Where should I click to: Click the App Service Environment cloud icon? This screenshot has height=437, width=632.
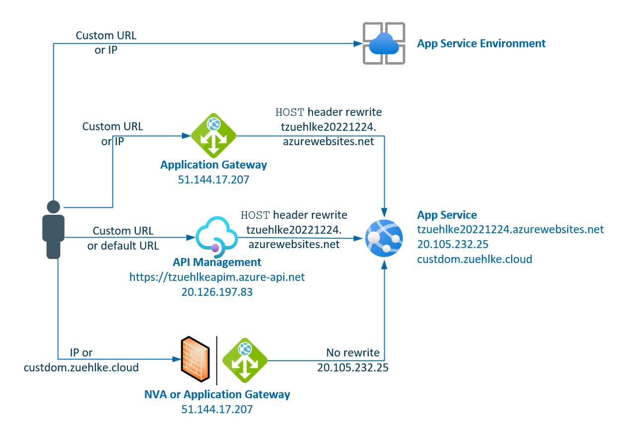coord(384,43)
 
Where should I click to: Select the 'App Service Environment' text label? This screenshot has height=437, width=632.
coord(481,43)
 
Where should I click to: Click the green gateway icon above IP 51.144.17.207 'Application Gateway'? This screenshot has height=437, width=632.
coord(213,135)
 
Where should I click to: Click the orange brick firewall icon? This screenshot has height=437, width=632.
coord(195,359)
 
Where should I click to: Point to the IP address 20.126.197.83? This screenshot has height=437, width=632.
coord(217,292)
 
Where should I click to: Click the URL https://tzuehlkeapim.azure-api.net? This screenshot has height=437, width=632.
coord(217,277)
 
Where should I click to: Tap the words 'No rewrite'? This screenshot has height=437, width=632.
coord(353,352)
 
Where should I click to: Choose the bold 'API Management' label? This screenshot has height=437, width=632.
coord(217,262)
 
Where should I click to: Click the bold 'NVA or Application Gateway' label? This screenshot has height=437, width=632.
coord(217,394)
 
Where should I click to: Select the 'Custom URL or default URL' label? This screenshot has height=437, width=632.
coord(123,238)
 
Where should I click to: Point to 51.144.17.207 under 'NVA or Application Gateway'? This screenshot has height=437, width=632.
coord(217,409)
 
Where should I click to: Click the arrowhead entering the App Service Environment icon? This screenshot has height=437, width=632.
coord(357,44)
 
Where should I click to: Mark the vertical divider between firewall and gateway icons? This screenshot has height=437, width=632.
coord(217,360)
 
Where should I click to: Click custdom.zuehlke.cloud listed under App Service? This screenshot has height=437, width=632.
coord(474,259)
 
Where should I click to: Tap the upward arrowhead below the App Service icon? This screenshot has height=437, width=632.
coord(384,265)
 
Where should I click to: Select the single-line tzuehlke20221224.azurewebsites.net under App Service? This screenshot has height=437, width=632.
coord(510,229)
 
